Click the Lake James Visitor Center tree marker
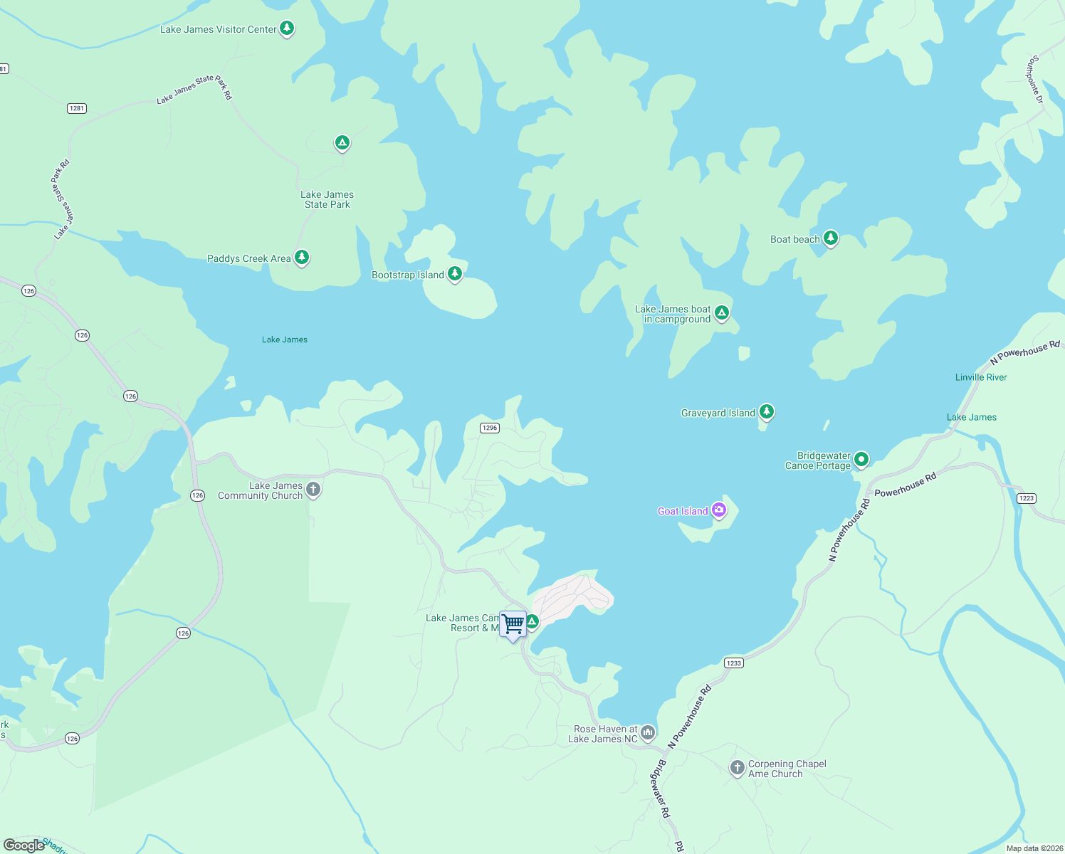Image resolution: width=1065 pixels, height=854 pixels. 287,28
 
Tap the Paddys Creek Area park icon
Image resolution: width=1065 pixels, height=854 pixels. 302,257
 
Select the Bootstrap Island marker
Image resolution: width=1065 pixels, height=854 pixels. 455,273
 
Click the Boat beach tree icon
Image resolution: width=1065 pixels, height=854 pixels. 831,238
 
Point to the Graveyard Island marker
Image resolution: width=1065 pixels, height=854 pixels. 767,411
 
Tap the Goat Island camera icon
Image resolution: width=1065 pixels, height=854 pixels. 720,510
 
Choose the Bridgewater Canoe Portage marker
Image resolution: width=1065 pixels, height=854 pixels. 861,459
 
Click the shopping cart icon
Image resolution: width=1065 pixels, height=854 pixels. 513,624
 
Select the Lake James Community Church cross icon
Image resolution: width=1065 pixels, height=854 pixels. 313,490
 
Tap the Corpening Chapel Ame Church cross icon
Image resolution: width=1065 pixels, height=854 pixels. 738,768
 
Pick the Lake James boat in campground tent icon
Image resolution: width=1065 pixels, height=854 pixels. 722,312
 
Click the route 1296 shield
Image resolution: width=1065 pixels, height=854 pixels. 490,428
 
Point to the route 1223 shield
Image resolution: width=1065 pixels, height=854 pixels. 1026,498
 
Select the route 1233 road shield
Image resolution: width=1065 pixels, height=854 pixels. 733,663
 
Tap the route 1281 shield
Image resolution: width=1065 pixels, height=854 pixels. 77,108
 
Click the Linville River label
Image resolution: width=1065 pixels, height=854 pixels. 981,377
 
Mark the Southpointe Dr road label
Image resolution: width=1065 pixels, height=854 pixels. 1034,80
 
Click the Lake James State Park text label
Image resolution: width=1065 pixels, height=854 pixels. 327,199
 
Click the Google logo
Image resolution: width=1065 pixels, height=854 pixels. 24,845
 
